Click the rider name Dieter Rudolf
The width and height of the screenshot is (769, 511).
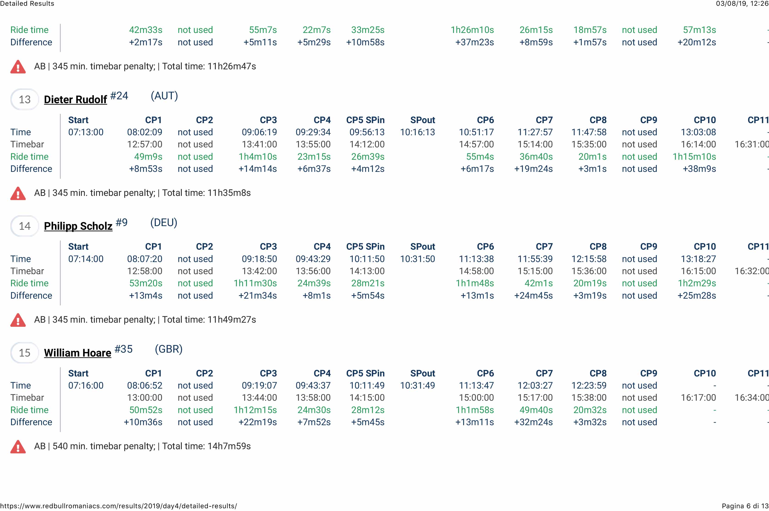click(75, 99)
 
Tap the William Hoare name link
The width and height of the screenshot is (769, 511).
click(78, 353)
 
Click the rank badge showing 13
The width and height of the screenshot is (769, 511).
click(25, 99)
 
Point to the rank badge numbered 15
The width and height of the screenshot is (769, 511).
click(25, 353)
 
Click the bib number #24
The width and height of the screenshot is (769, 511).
click(119, 96)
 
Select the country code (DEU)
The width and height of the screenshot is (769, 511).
click(164, 223)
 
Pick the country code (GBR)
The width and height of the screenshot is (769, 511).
click(168, 349)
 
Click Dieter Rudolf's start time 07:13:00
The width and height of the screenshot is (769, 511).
click(86, 132)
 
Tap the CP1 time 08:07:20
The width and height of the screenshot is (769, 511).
click(145, 259)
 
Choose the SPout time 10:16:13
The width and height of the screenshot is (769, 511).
click(417, 132)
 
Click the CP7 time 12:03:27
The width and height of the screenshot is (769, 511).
click(535, 386)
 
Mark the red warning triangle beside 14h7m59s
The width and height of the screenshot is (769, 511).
click(18, 447)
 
